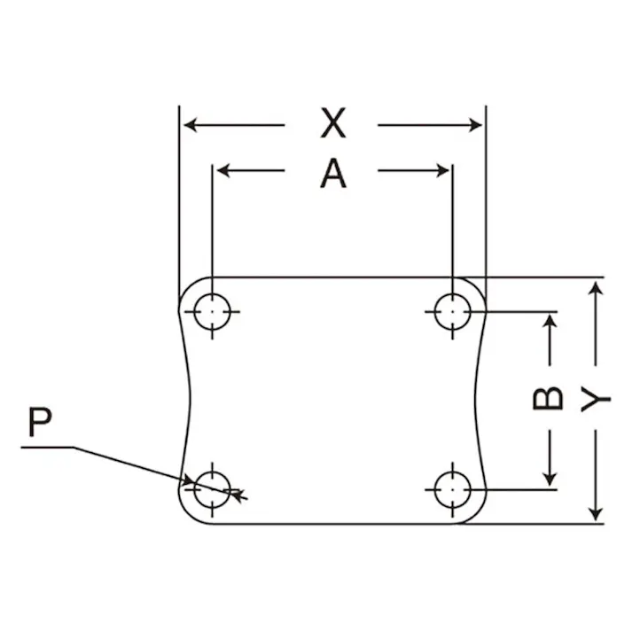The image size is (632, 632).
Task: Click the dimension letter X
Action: pos(333,123)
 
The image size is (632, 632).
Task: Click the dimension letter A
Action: pos(333,174)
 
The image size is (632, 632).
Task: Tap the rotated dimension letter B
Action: pos(548,398)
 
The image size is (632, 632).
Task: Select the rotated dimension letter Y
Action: pos(596,399)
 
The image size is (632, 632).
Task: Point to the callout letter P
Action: pos(40,422)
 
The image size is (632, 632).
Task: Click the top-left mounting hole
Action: pos(212,311)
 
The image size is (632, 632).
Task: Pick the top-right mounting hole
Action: pos(453,311)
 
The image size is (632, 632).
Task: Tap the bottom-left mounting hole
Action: pos(212,489)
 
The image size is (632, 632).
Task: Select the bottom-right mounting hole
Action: pos(453,489)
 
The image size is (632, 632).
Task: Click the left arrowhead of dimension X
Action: pos(190,125)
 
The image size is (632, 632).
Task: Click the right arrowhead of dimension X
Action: pos(476,125)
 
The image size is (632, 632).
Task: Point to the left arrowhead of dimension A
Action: pos(222,170)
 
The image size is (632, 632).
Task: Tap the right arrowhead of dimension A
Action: pos(442,170)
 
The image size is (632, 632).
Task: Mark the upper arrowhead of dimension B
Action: pos(550,321)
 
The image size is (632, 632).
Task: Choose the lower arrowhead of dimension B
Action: pos(550,480)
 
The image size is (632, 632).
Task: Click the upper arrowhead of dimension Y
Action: pos(596,289)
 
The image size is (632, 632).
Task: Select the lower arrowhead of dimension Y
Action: pos(596,515)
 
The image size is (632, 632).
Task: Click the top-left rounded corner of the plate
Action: pos(189,287)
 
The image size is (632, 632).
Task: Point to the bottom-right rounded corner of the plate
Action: pos(477,514)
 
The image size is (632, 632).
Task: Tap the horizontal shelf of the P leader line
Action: pos(48,447)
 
